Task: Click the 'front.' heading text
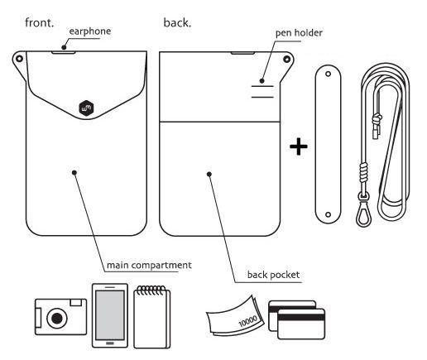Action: click(x=39, y=22)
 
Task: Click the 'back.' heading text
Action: click(x=177, y=22)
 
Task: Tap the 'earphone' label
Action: click(x=90, y=31)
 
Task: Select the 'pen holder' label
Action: click(x=299, y=33)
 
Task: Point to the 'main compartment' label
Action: click(x=149, y=265)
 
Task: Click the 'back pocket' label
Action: click(x=273, y=275)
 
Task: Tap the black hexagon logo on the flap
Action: click(x=86, y=108)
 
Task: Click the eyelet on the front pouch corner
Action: click(x=19, y=59)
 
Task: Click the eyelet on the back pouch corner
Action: click(x=286, y=59)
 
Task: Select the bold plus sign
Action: click(x=299, y=146)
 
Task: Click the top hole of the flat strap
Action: click(x=328, y=74)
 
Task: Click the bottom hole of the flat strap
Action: click(x=328, y=214)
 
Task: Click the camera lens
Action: click(x=57, y=319)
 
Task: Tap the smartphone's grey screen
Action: click(x=110, y=315)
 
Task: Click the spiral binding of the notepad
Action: click(x=151, y=290)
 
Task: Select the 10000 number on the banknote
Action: click(x=247, y=321)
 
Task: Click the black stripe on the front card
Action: click(x=301, y=317)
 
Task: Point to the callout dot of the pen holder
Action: click(x=261, y=81)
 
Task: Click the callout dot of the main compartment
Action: click(x=74, y=173)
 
